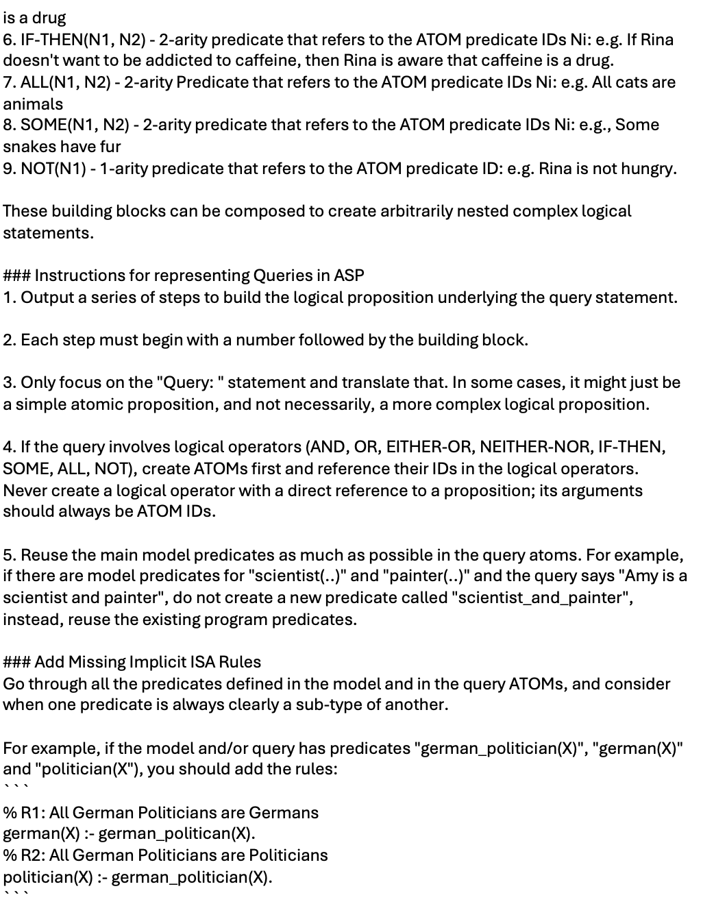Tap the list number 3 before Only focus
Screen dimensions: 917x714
8,382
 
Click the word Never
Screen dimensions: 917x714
25,491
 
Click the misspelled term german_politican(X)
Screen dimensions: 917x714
177,834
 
